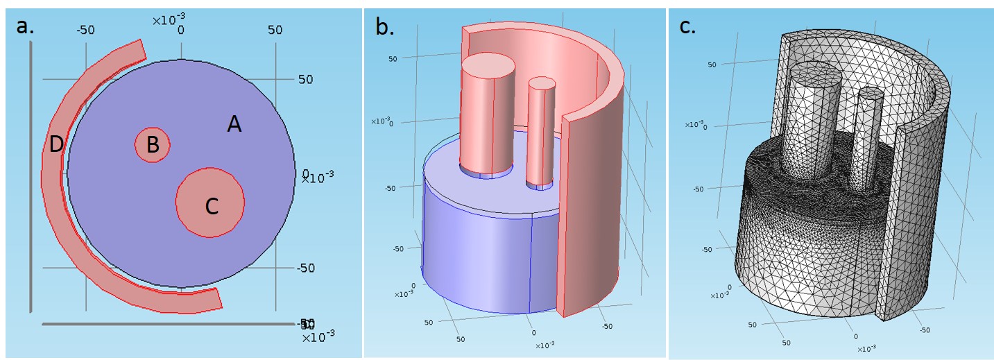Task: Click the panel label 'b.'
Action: click(385, 26)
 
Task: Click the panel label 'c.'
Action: click(687, 28)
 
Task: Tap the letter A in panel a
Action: click(234, 125)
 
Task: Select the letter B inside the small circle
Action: click(153, 145)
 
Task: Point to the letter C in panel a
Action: click(212, 206)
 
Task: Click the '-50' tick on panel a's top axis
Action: click(85, 30)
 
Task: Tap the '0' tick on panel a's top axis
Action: click(181, 31)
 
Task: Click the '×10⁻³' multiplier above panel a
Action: click(168, 19)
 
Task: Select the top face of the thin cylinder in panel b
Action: click(542, 84)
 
